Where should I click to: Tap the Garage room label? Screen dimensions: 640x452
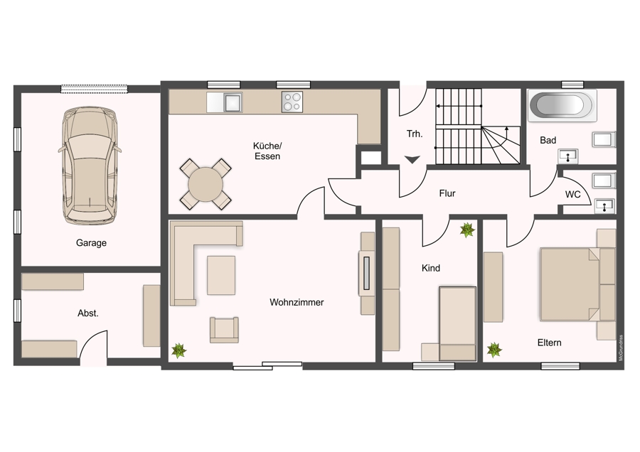click(91, 243)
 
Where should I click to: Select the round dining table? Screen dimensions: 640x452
click(206, 184)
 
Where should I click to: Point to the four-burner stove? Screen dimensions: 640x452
click(292, 102)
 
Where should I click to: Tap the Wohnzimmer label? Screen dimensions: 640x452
click(297, 302)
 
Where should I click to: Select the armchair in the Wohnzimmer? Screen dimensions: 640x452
click(224, 330)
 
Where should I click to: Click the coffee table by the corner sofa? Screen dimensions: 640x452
click(221, 275)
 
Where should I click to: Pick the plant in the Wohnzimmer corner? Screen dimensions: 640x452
click(178, 350)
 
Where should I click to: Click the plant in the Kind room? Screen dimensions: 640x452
click(467, 230)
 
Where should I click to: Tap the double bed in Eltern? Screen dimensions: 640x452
click(577, 284)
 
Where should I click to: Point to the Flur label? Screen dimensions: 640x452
click(447, 193)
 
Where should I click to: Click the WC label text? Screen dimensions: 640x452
click(572, 195)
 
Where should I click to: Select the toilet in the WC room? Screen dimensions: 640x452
click(604, 181)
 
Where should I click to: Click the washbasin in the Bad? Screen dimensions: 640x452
click(567, 156)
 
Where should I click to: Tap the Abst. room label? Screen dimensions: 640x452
click(88, 313)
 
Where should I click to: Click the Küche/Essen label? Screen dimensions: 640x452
click(267, 151)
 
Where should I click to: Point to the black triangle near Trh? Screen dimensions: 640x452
click(412, 159)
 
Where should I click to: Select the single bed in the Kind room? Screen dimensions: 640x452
click(457, 323)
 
